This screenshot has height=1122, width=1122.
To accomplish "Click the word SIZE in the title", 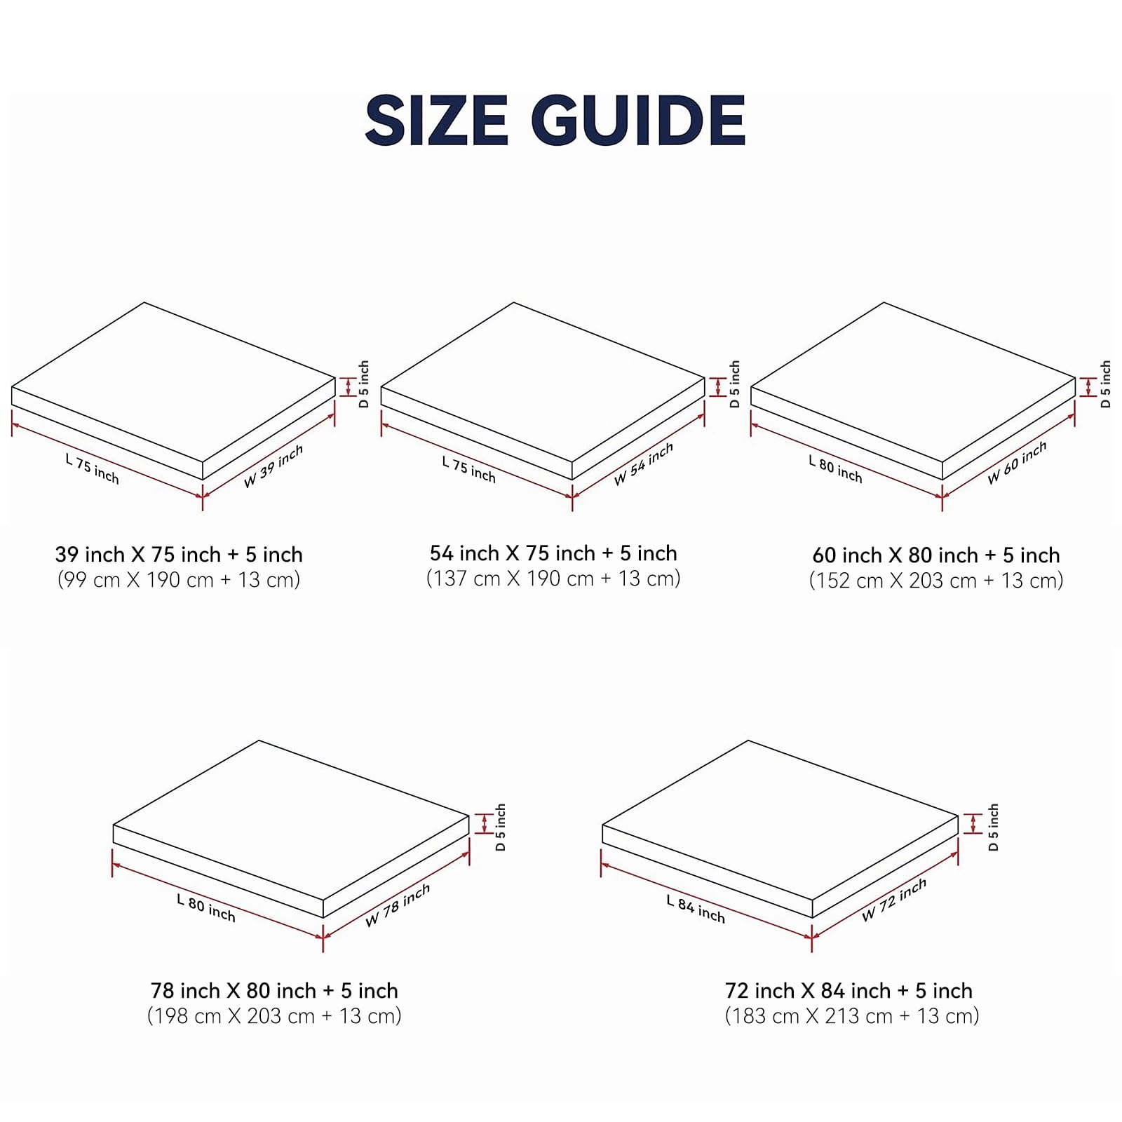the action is pyautogui.click(x=436, y=121).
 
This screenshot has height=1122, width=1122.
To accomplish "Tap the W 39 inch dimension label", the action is pyautogui.click(x=273, y=466).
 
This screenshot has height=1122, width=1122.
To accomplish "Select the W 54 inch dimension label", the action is pyautogui.click(x=644, y=464).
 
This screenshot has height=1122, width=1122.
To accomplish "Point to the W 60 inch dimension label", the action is pyautogui.click(x=1018, y=462).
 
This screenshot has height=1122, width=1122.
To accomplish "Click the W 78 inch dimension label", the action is pyautogui.click(x=398, y=905).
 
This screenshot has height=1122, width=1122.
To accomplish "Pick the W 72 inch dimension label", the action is pyautogui.click(x=894, y=900).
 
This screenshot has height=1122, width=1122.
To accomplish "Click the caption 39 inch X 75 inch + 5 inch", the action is pyautogui.click(x=179, y=555).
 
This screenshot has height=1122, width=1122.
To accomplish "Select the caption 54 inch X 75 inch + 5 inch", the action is pyautogui.click(x=553, y=553).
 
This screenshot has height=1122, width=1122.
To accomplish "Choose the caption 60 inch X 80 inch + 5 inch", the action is pyautogui.click(x=936, y=555).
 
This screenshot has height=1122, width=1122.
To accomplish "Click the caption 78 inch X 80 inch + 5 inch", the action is pyautogui.click(x=274, y=991).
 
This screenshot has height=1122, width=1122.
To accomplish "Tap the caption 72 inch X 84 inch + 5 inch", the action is pyautogui.click(x=849, y=991).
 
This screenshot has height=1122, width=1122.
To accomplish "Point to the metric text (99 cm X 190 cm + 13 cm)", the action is pyautogui.click(x=179, y=580).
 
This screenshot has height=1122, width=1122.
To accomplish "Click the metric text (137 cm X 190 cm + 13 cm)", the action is pyautogui.click(x=553, y=579).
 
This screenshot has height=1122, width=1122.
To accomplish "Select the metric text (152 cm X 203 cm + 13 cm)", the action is pyautogui.click(x=936, y=581).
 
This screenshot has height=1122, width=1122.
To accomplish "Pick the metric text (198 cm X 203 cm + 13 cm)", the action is pyautogui.click(x=274, y=1016).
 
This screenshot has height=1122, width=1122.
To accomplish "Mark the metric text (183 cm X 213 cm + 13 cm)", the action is pyautogui.click(x=852, y=1016).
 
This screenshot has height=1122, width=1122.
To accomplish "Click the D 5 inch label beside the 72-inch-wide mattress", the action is pyautogui.click(x=993, y=827).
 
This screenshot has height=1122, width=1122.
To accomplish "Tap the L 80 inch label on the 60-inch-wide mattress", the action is pyautogui.click(x=835, y=469).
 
